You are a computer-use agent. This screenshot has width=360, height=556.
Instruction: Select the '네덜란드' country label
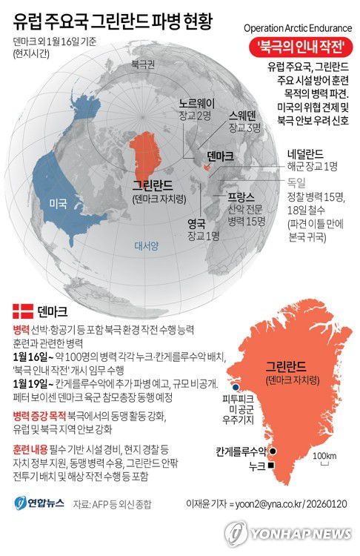(x=311, y=154)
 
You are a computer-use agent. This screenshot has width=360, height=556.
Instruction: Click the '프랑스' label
(x=241, y=196)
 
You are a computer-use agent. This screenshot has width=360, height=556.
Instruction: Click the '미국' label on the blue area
(x=59, y=202)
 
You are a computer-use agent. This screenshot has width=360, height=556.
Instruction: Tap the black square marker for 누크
(x=272, y=465)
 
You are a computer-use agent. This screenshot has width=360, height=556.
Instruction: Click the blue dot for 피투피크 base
(x=235, y=387)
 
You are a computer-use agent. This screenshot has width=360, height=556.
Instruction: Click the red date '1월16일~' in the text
(x=33, y=356)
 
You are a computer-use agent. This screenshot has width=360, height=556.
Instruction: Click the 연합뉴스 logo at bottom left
(x=38, y=505)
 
